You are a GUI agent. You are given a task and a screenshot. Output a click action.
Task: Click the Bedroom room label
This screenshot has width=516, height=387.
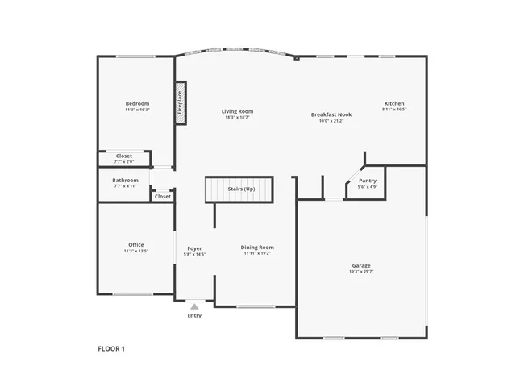click(137, 103)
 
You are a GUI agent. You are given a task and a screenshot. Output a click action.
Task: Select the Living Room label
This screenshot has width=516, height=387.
click(237, 111)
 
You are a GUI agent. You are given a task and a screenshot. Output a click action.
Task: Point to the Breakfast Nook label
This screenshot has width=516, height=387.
click(331, 114)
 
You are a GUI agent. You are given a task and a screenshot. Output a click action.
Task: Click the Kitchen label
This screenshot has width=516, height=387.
click(393, 103)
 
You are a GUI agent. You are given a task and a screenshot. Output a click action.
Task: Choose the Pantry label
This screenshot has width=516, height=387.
click(368, 181)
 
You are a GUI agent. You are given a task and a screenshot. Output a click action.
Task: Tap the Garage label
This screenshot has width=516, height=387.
click(360, 265)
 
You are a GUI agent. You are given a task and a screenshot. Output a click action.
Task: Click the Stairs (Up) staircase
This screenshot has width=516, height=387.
click(239, 189)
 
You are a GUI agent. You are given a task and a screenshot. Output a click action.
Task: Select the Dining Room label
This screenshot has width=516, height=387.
click(257, 248)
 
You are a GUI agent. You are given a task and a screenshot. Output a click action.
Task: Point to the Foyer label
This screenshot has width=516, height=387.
click(194, 248)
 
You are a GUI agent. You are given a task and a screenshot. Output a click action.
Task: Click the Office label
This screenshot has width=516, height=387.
click(135, 244)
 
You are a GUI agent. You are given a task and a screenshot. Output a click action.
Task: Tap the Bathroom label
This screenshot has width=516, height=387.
click(125, 180)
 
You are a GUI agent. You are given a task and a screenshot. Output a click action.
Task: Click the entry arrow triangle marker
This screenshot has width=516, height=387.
click(194, 306)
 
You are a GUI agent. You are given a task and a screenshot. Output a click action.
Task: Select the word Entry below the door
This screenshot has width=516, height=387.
click(194, 315)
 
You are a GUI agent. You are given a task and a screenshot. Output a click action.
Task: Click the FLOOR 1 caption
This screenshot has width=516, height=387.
click(111, 348)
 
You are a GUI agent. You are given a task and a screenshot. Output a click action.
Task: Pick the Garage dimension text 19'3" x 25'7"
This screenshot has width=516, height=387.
click(360, 272)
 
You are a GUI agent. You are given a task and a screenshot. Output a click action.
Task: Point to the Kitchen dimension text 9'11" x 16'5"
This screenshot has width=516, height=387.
click(393, 110)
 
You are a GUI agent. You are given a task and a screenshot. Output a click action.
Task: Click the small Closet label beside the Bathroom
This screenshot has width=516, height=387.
click(163, 196)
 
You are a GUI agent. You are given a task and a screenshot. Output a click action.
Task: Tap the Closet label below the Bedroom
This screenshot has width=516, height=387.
click(123, 156)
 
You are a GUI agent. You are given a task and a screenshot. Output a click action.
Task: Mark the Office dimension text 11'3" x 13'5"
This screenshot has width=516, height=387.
click(135, 251)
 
